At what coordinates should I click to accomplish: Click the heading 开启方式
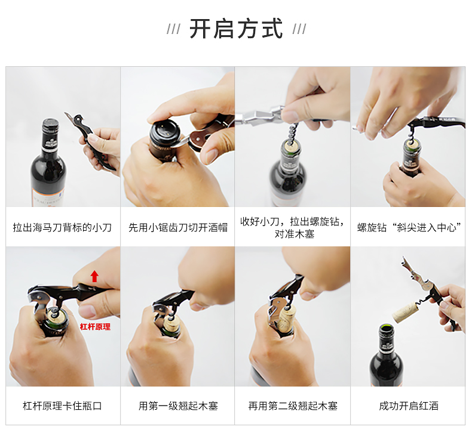click(237, 29)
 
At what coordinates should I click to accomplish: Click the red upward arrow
click(94, 276)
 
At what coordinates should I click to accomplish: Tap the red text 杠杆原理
click(95, 327)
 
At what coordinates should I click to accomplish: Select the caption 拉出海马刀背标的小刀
click(62, 227)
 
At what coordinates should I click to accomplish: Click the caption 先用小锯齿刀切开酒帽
click(178, 227)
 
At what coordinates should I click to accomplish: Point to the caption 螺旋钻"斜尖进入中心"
click(409, 227)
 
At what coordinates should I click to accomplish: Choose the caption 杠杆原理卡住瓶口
click(62, 406)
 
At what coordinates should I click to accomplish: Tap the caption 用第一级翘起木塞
click(178, 406)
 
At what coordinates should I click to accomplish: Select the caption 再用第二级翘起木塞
click(293, 406)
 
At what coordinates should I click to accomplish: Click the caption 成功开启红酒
click(409, 406)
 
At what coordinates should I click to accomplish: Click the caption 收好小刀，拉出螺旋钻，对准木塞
click(293, 227)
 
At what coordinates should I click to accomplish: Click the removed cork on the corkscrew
click(405, 313)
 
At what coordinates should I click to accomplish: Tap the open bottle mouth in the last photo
click(387, 328)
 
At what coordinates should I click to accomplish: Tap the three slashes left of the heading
click(174, 29)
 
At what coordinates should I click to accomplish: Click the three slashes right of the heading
click(299, 29)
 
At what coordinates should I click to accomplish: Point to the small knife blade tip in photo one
click(65, 113)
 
